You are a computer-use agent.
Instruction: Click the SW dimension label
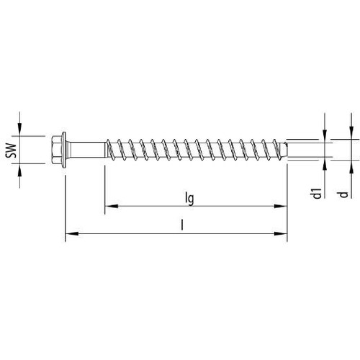click(11, 150)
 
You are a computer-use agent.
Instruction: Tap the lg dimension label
click(189, 198)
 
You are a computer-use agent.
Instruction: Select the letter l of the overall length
click(182, 225)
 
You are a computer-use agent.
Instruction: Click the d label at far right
click(343, 194)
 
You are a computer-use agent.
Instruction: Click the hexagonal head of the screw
click(56, 150)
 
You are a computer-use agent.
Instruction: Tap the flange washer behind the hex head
click(64, 150)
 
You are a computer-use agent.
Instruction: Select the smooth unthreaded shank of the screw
click(86, 150)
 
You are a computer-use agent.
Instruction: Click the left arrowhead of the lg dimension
click(112, 206)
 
